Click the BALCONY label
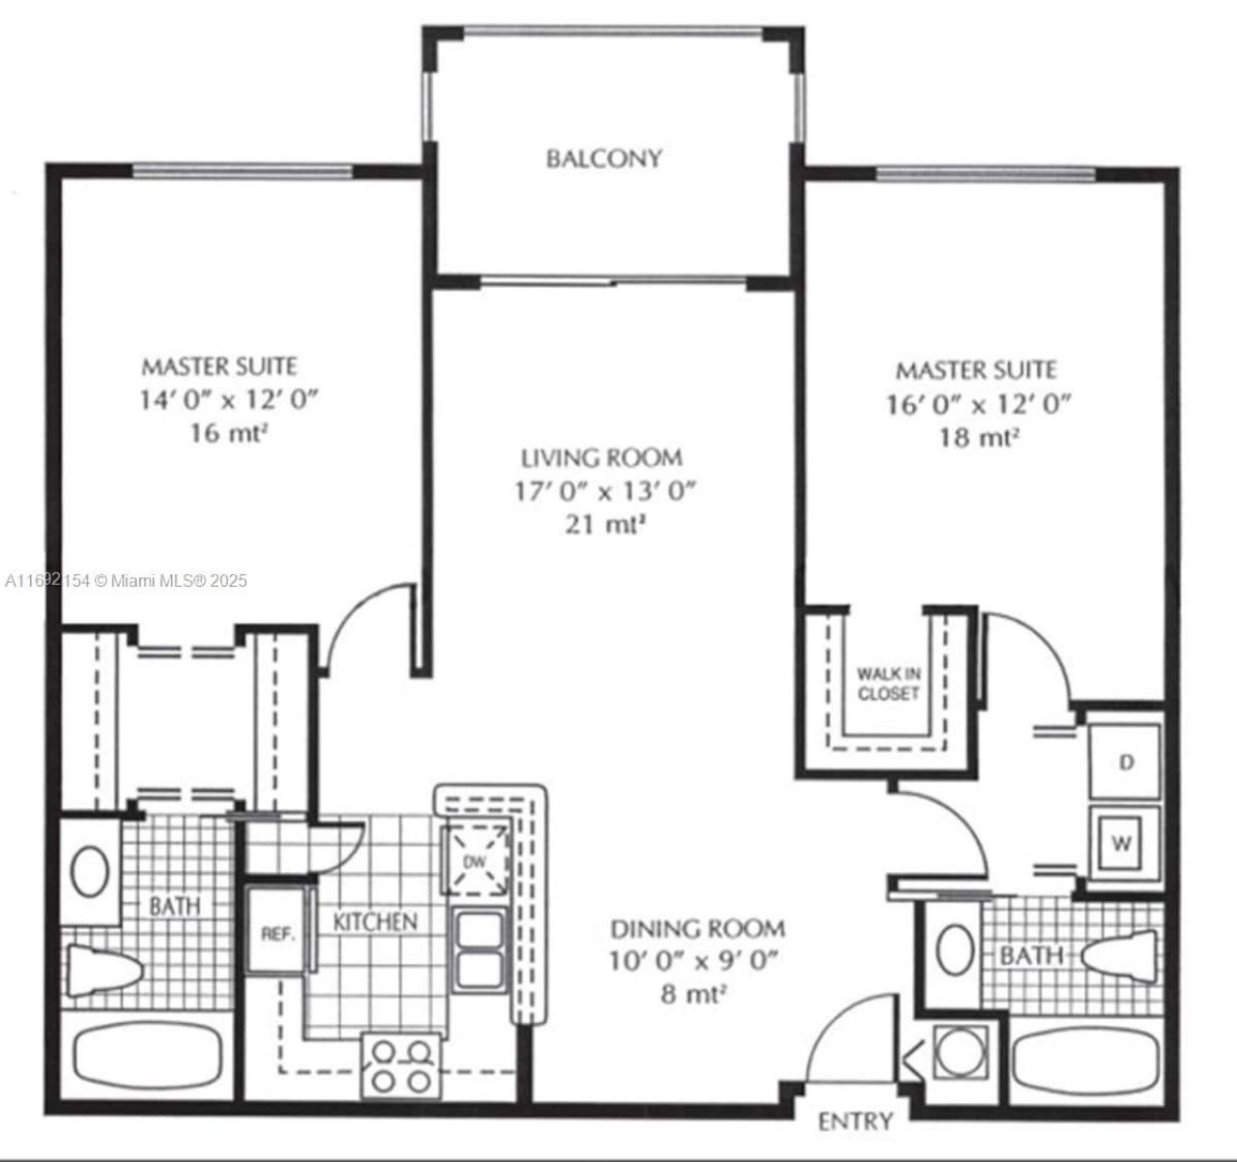[604, 158]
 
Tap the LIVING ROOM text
[601, 457]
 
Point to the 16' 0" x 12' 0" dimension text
[979, 403]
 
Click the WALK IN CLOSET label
[887, 684]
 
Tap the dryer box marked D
[1124, 762]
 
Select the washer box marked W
[1121, 842]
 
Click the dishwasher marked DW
[474, 860]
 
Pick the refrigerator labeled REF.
[276, 933]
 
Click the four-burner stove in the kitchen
[401, 1064]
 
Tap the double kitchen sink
[477, 950]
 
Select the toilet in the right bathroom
[1120, 955]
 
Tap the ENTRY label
[855, 1121]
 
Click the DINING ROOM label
[697, 929]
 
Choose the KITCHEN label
[375, 921]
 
